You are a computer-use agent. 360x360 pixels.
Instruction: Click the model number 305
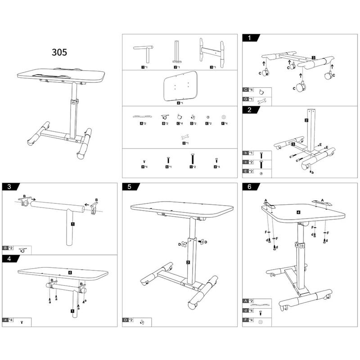pyautogui.click(x=59, y=52)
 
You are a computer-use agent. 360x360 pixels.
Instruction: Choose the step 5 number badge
pyautogui.click(x=130, y=186)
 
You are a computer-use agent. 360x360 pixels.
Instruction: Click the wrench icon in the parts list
pyautogui.click(x=184, y=136)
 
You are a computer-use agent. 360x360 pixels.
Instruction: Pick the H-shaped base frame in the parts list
pyautogui.click(x=211, y=53)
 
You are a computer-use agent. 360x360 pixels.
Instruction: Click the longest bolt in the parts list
pyautogui.click(x=193, y=159)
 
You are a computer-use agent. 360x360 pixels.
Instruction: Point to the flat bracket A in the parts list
pyautogui.click(x=142, y=117)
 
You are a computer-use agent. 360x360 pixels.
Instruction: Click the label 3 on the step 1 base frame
pyautogui.click(x=313, y=58)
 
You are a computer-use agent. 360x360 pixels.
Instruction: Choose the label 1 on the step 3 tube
pyautogui.click(x=72, y=223)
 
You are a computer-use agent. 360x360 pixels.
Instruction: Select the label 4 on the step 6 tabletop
pyautogui.click(x=298, y=211)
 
